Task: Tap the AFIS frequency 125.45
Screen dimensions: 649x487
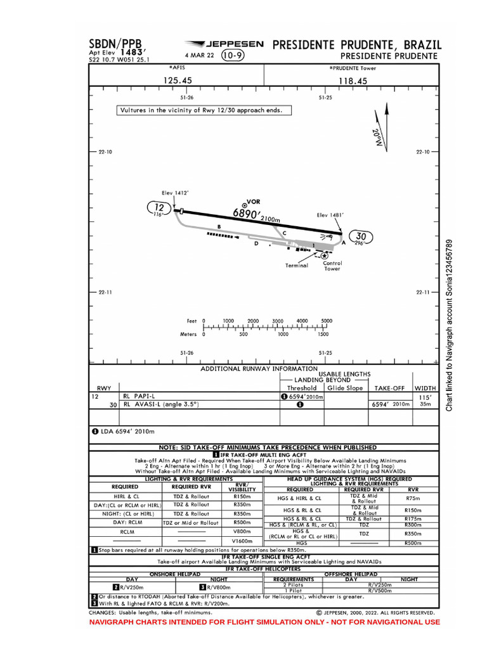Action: pyautogui.click(x=178, y=80)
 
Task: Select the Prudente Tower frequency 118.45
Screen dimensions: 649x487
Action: pyautogui.click(x=353, y=80)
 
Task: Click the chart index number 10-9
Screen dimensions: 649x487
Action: pyautogui.click(x=234, y=56)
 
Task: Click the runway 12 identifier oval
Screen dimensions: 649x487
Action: pyautogui.click(x=159, y=207)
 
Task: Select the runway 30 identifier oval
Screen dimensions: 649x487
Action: pyautogui.click(x=361, y=237)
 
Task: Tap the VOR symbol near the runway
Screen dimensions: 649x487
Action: pyautogui.click(x=244, y=204)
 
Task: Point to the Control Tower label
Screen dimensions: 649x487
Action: pyautogui.click(x=332, y=266)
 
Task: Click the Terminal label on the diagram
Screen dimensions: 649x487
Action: pyautogui.click(x=296, y=265)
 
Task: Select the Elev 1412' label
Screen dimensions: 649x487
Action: pyautogui.click(x=175, y=193)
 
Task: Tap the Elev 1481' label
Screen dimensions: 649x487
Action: pyautogui.click(x=330, y=215)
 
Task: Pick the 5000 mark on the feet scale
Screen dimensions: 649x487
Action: pyautogui.click(x=327, y=321)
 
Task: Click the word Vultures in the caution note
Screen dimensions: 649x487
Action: pyautogui.click(x=136, y=110)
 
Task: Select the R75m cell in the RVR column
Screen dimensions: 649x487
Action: pyautogui.click(x=413, y=499)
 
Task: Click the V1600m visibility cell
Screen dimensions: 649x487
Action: pyautogui.click(x=242, y=541)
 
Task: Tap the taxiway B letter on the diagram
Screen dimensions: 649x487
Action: pyautogui.click(x=219, y=226)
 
